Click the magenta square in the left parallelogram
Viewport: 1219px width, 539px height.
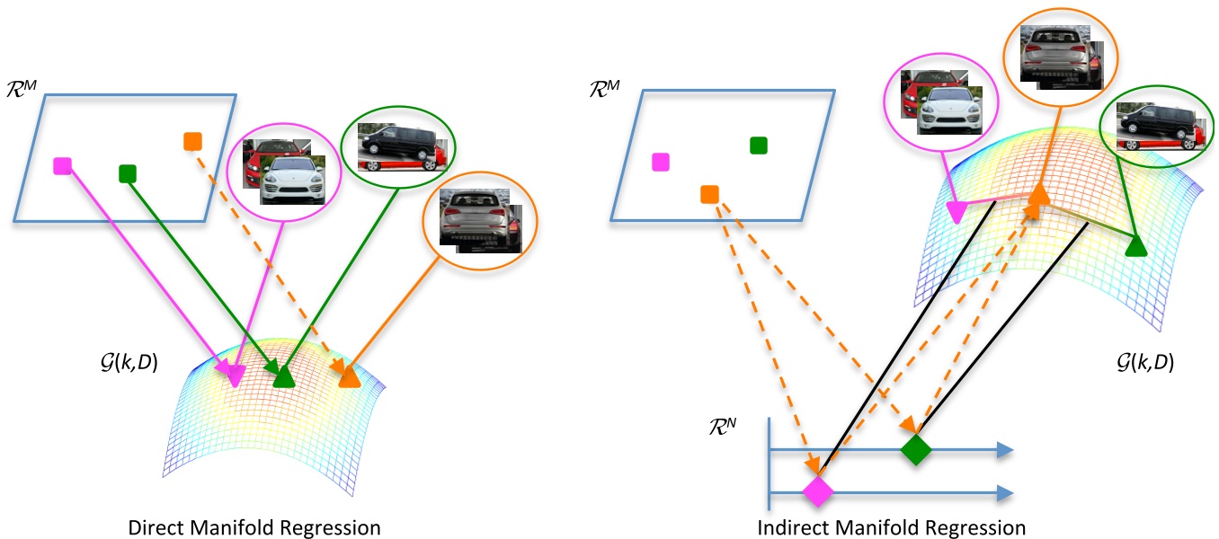tap(62, 165)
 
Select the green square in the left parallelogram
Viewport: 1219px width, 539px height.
tap(127, 172)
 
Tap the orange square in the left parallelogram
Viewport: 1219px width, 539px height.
tap(192, 141)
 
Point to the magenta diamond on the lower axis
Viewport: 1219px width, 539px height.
tap(818, 491)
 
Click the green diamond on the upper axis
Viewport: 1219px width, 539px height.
tap(914, 449)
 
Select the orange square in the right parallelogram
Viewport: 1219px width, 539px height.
tap(708, 194)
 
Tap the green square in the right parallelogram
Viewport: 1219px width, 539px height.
tap(758, 146)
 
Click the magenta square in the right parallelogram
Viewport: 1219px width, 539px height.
tap(661, 162)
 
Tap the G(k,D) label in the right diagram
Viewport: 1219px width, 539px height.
tap(1142, 364)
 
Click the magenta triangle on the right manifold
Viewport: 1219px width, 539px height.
tap(957, 212)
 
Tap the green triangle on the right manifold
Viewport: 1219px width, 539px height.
tap(1135, 245)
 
